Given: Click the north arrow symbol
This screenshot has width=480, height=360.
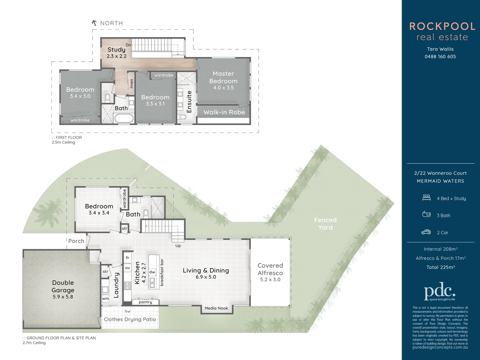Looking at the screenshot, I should [x=94, y=23].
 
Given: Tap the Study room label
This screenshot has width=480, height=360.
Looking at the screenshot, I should [x=116, y=50].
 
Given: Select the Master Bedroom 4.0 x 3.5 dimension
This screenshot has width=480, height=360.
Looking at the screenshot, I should [x=223, y=88].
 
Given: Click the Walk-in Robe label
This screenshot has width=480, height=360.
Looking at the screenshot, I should [x=224, y=112].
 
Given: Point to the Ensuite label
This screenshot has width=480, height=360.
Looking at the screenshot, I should [x=189, y=102].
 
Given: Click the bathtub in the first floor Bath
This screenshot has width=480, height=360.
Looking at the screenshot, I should [x=124, y=118].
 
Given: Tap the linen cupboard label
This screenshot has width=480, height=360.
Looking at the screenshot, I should [x=132, y=83].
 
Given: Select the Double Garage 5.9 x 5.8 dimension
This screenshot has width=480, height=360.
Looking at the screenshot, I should [x=63, y=297].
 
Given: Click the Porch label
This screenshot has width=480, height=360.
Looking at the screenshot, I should [x=76, y=241].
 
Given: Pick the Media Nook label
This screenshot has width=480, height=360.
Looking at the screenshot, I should [x=216, y=308].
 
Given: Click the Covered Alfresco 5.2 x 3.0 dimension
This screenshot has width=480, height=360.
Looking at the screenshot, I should [x=270, y=280].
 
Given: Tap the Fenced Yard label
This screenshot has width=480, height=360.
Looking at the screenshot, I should [x=325, y=224].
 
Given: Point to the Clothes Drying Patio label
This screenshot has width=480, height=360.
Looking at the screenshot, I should [x=130, y=319].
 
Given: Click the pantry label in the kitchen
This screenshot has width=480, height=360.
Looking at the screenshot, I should [x=145, y=302].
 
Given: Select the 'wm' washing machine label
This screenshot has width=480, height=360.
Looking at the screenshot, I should [x=105, y=299].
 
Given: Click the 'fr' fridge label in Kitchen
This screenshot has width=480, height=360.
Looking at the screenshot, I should [x=128, y=258].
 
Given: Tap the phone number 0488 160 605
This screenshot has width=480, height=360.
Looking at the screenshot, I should [x=440, y=57].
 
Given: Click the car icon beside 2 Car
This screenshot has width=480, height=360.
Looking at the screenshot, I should [x=426, y=232].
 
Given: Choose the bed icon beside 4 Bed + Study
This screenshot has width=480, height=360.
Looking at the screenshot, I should [x=426, y=198].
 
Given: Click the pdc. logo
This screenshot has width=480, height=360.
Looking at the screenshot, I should [x=439, y=293].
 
